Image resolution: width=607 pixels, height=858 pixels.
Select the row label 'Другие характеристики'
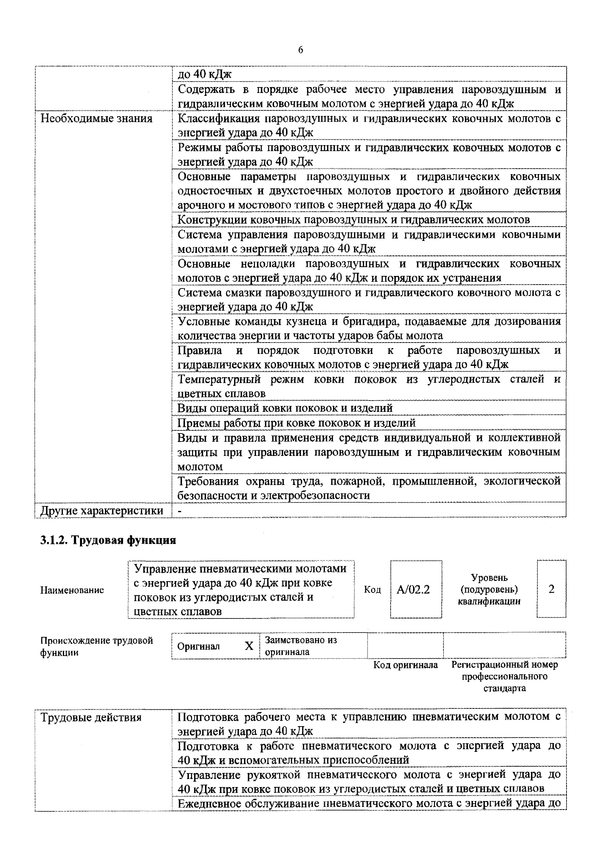[102, 510]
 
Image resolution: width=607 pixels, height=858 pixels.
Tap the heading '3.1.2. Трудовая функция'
[108, 540]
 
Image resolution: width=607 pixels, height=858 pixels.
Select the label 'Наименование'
[72, 590]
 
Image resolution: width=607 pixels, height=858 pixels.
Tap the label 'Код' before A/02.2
[372, 590]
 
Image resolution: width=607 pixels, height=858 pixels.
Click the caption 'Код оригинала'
[406, 665]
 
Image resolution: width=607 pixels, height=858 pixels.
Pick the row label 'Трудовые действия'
[91, 718]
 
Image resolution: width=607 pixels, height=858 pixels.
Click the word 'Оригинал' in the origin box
[198, 646]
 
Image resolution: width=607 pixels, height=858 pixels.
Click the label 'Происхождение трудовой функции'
[96, 646]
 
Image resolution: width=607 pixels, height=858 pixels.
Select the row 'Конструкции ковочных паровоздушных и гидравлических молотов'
[353, 220]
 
